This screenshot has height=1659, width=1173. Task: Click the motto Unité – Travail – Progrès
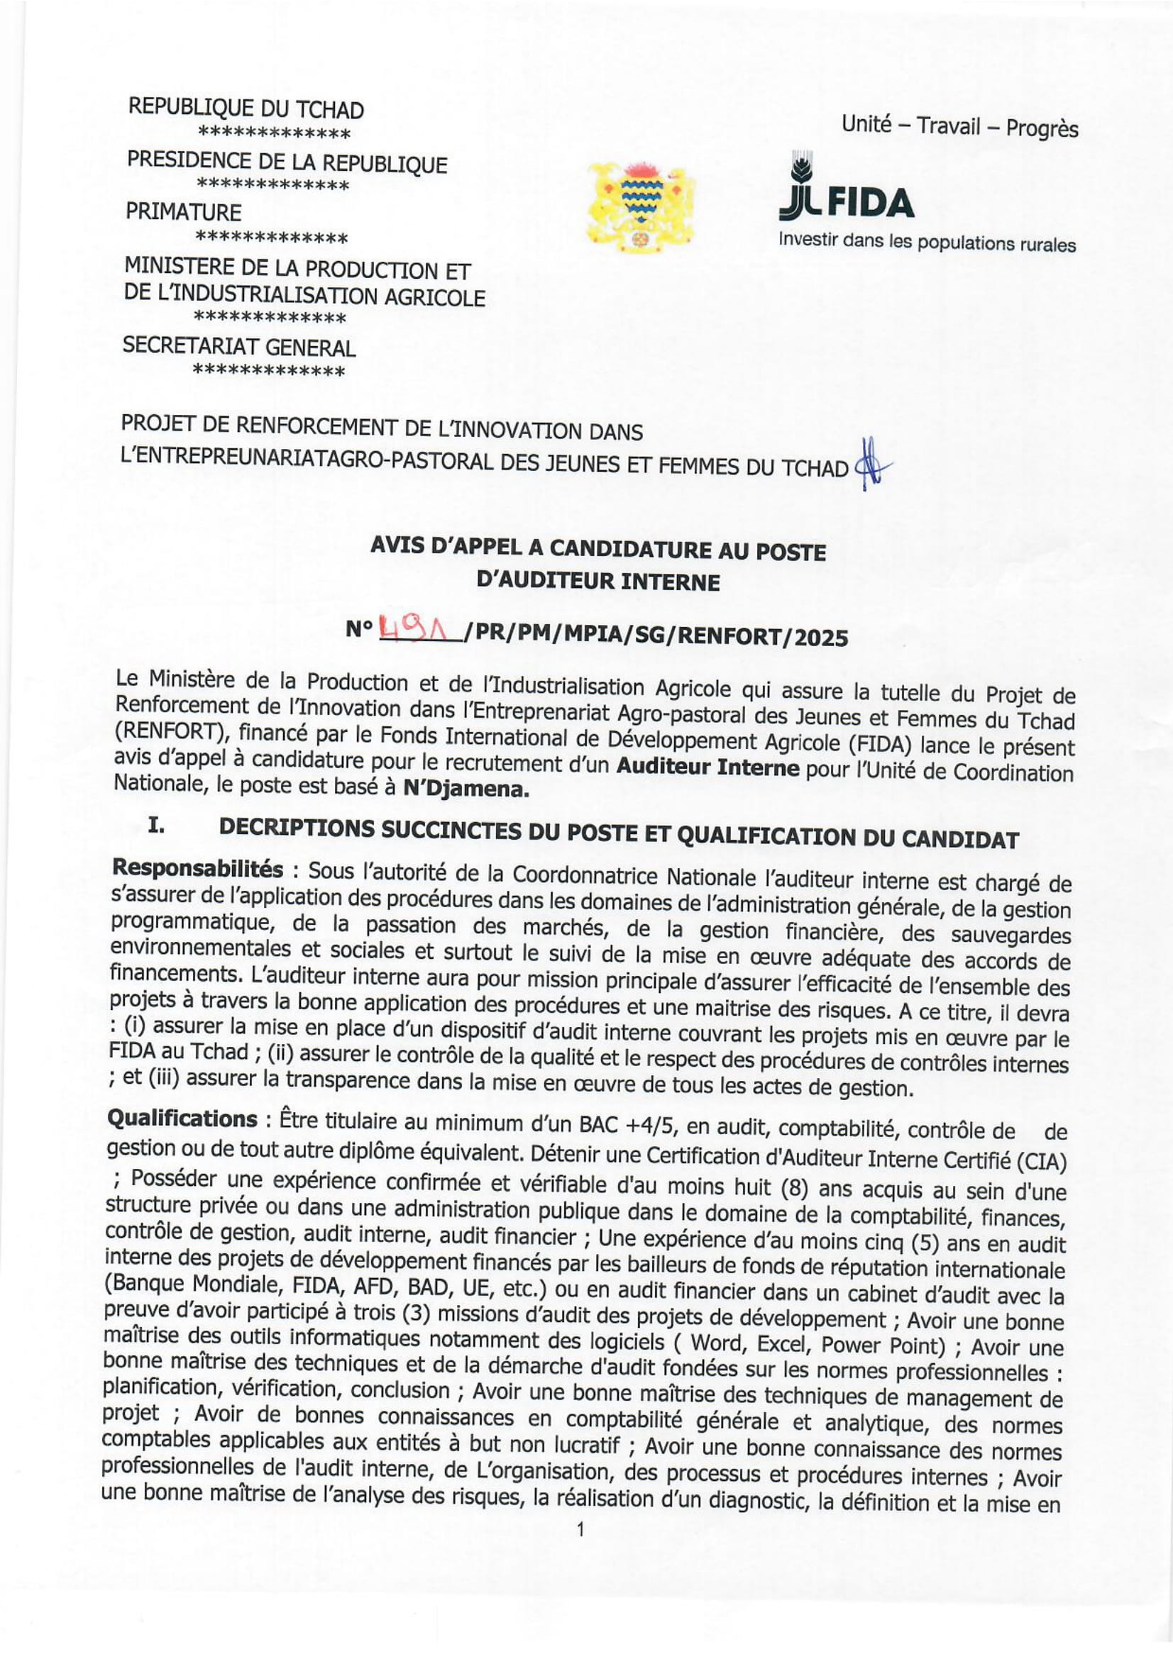coord(959,127)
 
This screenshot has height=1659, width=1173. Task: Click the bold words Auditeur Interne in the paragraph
coord(707,768)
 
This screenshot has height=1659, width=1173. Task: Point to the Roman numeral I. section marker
coord(157,828)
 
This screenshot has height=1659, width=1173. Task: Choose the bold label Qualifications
coord(182,1119)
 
